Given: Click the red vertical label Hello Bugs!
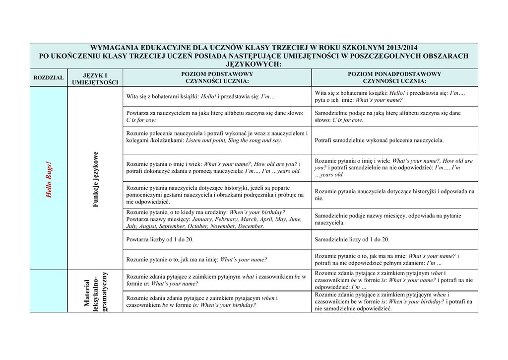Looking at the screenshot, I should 49,179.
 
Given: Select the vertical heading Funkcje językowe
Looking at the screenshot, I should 96,179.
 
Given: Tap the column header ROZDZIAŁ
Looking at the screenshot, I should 49,78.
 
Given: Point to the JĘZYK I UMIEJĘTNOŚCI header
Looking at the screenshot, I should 95,78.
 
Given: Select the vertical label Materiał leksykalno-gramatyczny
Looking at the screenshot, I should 95,291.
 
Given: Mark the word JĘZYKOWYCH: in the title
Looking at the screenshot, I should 254,64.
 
